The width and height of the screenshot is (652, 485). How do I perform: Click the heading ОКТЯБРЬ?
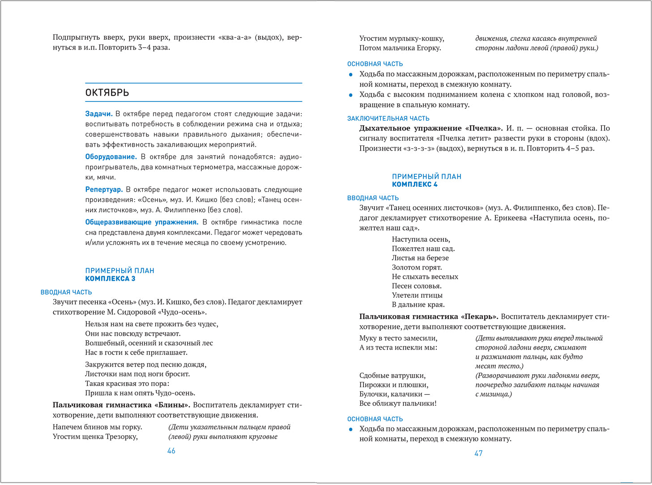[107, 93]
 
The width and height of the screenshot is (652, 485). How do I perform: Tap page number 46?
[171, 451]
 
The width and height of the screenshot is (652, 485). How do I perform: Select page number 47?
[478, 453]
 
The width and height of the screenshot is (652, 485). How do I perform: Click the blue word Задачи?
[98, 114]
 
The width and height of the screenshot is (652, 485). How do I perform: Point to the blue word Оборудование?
[111, 157]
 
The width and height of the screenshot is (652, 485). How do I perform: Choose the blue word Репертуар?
[104, 190]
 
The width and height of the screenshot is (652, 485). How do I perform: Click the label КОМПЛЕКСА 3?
[110, 278]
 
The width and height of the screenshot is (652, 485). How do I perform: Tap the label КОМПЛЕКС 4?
[414, 184]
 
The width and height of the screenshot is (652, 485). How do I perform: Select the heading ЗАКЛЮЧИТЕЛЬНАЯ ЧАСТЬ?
[388, 118]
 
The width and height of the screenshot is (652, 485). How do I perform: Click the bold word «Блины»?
[172, 405]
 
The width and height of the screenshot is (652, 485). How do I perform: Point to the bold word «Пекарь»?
[479, 316]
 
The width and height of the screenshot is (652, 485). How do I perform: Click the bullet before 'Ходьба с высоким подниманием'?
[350, 95]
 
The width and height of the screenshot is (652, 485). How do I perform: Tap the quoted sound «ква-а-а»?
[235, 37]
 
